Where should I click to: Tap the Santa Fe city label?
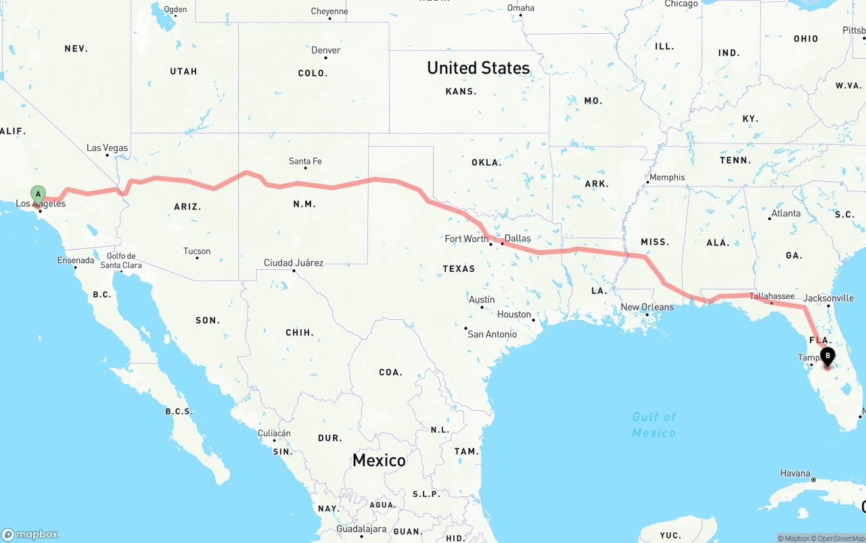coord(305,161)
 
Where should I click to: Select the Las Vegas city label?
coord(107,148)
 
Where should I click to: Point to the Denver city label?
coord(325,51)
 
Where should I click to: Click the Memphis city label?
coord(667,177)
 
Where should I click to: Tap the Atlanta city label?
coord(786,214)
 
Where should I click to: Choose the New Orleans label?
coord(647,307)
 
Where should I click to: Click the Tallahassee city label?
coord(772,296)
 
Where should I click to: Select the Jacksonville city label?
coord(829,298)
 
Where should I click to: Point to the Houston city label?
coord(514,314)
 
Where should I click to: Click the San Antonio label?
coord(493,334)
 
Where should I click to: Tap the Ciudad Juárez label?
coord(294,263)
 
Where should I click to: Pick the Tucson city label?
coord(197,252)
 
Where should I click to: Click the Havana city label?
coord(794,473)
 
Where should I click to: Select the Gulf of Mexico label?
coord(654,425)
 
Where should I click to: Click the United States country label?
coord(478,68)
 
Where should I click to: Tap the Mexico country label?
coord(379,461)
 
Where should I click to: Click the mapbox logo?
coord(30,534)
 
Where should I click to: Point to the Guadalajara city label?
coord(361,529)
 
